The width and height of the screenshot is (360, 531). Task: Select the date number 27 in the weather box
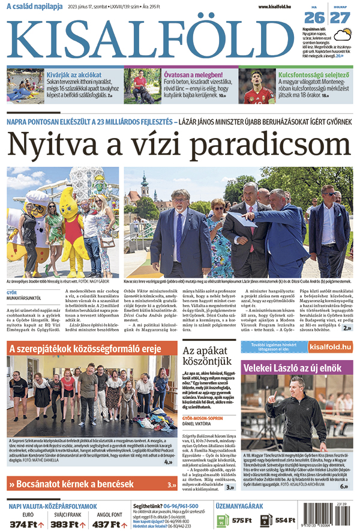(340, 17)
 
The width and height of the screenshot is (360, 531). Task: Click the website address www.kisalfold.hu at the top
(278, 7)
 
